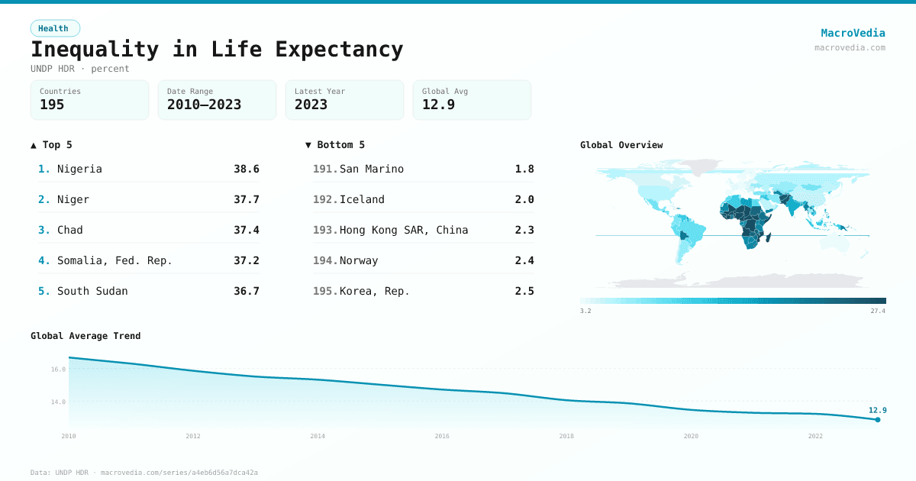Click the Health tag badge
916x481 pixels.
coord(54,28)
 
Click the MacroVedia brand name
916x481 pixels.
coord(853,33)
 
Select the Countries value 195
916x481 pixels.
coord(52,105)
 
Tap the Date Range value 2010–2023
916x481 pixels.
coord(204,105)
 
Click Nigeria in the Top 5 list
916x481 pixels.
coord(79,169)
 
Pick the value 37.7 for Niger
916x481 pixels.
coord(246,199)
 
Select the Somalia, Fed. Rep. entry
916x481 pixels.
coord(114,260)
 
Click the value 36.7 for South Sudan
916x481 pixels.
coord(246,291)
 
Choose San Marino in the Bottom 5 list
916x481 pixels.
coord(372,169)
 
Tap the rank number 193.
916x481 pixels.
coord(324,230)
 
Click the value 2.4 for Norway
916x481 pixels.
coord(524,260)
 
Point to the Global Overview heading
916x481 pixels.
coord(621,145)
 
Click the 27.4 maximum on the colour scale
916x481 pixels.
coord(877,312)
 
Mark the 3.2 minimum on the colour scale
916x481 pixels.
coord(585,312)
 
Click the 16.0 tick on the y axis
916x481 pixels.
coord(58,370)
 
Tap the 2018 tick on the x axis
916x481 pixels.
coord(566,436)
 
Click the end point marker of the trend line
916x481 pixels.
coord(878,419)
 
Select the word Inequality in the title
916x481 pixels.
coord(95,50)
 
